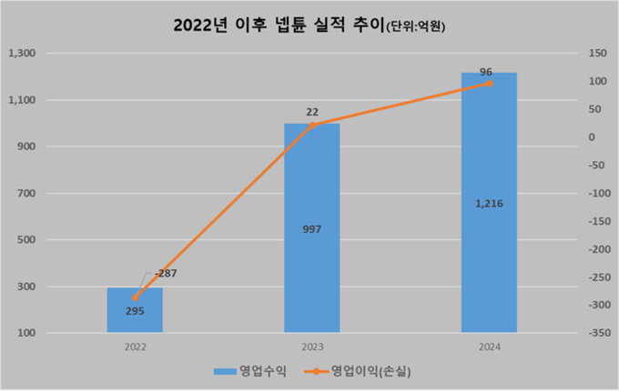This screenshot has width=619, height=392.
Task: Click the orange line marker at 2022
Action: pyautogui.click(x=135, y=297)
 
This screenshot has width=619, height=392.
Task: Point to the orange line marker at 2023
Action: pyautogui.click(x=311, y=125)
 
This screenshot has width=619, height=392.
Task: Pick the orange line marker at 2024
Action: pyautogui.click(x=489, y=84)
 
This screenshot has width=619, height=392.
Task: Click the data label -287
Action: pyautogui.click(x=166, y=273)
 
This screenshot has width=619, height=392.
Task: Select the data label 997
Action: pyautogui.click(x=311, y=228)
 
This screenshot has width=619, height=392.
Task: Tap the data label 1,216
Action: pyautogui.click(x=489, y=203)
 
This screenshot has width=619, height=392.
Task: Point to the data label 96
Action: pyautogui.click(x=487, y=69)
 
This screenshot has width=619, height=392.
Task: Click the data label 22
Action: pyautogui.click(x=312, y=111)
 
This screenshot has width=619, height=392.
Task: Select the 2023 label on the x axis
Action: pyautogui.click(x=311, y=347)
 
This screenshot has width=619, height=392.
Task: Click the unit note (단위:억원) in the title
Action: pyautogui.click(x=414, y=28)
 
